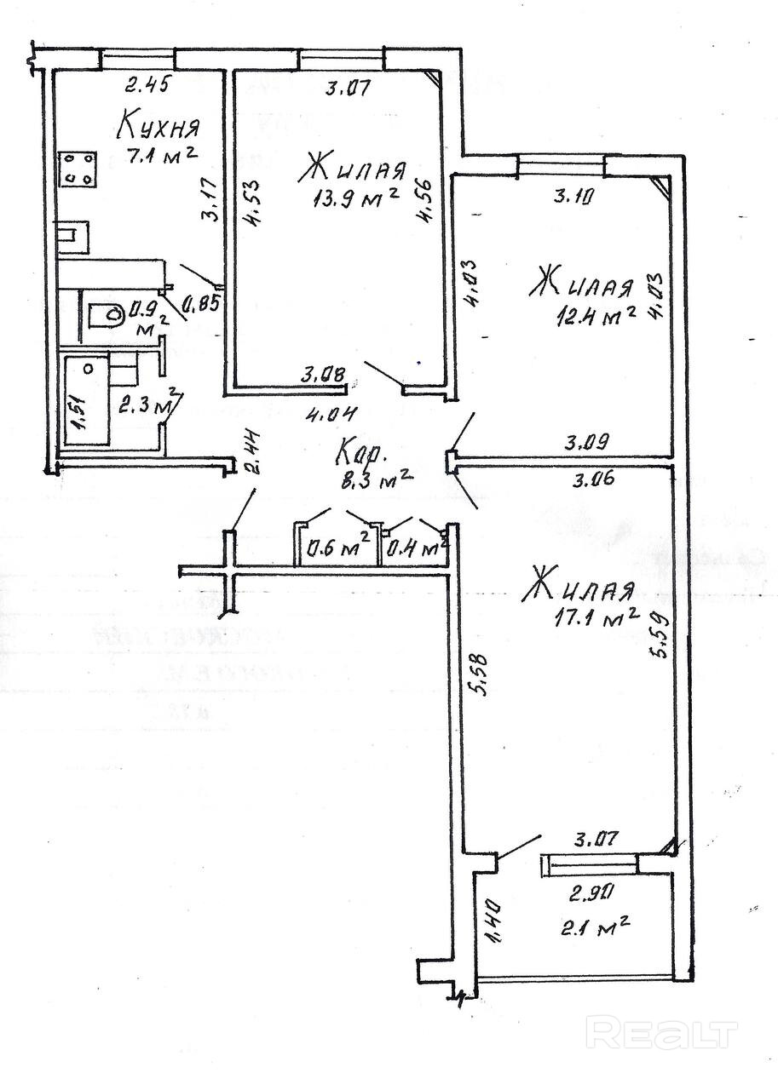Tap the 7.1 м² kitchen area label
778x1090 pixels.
[x=162, y=157]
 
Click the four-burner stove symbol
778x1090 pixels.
[x=77, y=169]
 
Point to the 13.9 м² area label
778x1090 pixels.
[x=356, y=198]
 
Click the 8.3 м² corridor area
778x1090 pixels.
[x=375, y=479]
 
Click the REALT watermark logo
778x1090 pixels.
[x=664, y=1032]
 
